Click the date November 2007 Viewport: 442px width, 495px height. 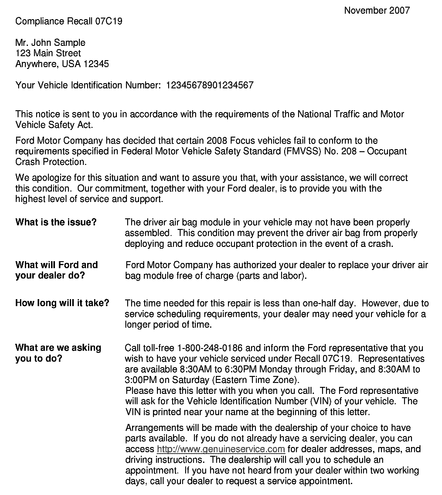[377, 11]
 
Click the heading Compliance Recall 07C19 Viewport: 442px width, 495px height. [69, 21]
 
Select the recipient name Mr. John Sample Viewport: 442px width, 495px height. [50, 43]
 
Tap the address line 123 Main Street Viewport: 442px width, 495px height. [48, 53]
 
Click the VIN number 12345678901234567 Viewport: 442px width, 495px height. [209, 85]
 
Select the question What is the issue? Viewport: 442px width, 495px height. [56, 222]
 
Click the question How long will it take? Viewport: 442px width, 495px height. [62, 303]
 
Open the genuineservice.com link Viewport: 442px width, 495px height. [221, 449]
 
